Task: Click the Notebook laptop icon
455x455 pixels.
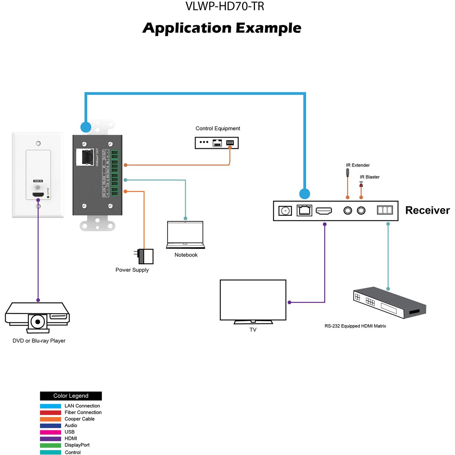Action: click(185, 235)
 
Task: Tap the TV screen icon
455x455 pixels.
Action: click(253, 301)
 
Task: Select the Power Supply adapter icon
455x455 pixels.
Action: click(145, 256)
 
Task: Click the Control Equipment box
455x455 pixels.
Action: click(216, 143)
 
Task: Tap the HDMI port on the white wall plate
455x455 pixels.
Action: click(38, 195)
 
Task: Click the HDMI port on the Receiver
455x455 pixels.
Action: click(324, 211)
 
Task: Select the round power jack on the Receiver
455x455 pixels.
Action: click(285, 211)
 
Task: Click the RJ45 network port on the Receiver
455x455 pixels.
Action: click(304, 210)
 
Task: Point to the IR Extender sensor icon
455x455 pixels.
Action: click(347, 172)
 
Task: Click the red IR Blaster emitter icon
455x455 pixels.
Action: click(361, 184)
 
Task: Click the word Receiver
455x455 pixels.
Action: click(427, 210)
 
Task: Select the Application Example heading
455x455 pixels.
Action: click(222, 28)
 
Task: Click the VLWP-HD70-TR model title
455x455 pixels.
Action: click(225, 6)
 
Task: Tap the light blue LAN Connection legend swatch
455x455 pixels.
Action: click(50, 406)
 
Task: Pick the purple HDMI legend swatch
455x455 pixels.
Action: click(50, 439)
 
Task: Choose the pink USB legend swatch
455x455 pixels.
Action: click(50, 432)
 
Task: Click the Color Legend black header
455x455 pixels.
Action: click(71, 396)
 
